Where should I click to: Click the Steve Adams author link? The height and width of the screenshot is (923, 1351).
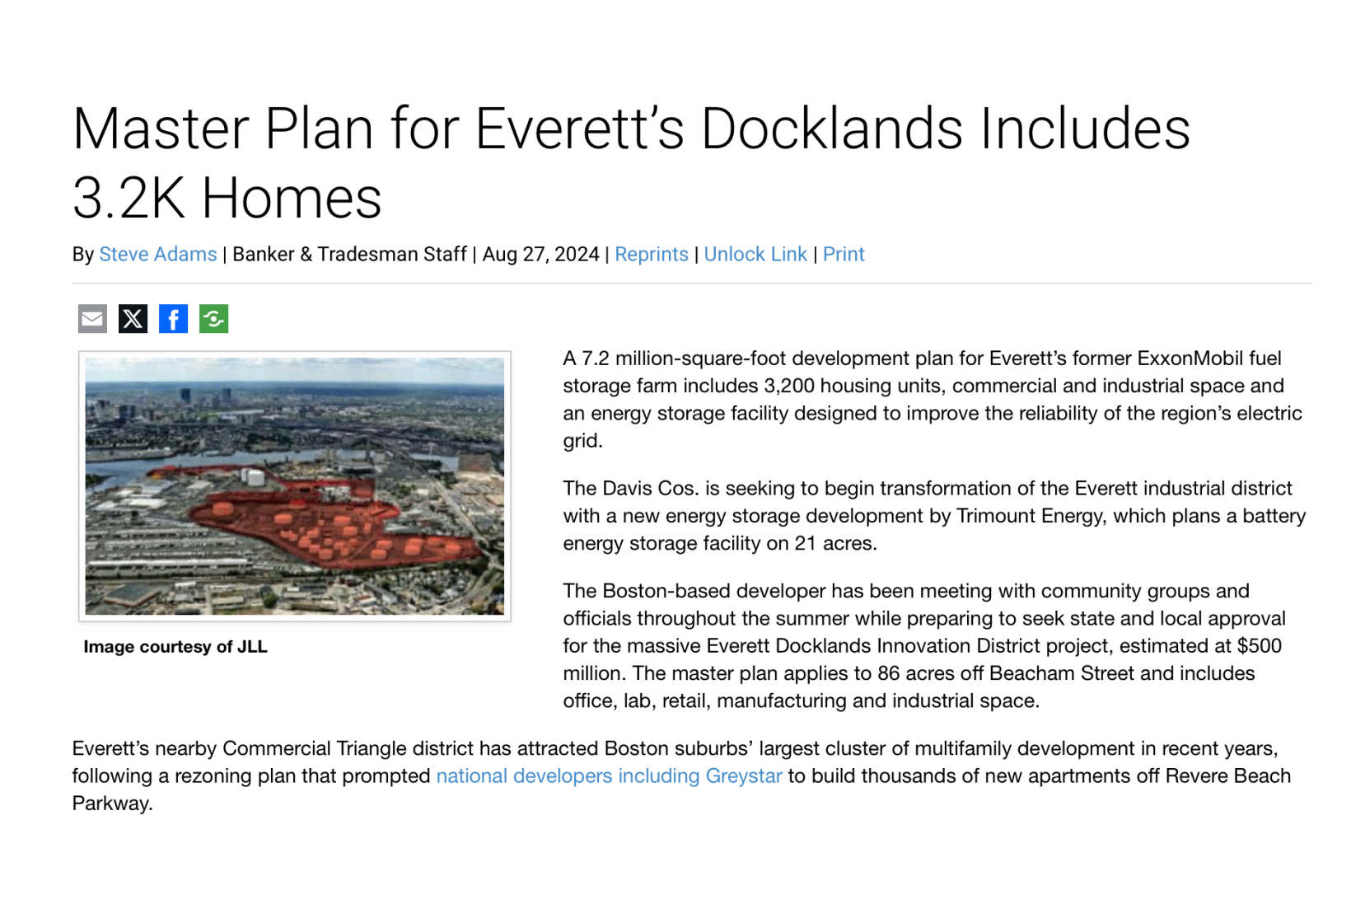(157, 255)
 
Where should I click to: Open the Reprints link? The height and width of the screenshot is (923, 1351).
(651, 255)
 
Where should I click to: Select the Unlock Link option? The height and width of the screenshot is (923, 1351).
(755, 255)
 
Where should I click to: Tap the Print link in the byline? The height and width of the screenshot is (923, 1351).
(843, 255)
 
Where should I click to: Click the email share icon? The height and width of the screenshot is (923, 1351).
(92, 319)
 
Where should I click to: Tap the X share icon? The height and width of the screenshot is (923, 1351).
(133, 319)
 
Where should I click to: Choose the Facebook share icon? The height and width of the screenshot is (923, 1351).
(173, 319)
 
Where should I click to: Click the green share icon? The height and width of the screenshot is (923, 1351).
(213, 319)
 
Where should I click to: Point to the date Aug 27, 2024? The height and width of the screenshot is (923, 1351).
(540, 255)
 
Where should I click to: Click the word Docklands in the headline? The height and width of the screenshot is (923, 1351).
(831, 129)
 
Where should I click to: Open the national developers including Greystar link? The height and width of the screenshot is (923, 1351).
(609, 776)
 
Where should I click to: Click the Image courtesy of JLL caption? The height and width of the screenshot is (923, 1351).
(175, 647)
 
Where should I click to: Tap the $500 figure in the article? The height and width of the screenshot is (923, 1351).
(1259, 646)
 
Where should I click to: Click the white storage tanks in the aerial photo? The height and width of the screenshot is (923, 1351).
(251, 476)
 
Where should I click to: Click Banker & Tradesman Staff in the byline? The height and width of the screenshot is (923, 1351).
(349, 255)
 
